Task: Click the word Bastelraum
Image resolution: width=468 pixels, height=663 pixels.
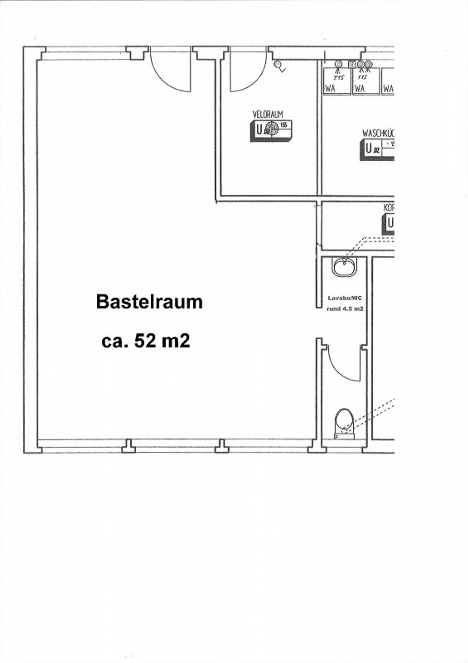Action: point(149,302)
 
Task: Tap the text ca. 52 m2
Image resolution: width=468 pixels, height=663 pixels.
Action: point(146,341)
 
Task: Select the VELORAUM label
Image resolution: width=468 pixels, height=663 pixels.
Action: point(268,114)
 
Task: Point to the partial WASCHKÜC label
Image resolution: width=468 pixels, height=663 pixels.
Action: point(378,133)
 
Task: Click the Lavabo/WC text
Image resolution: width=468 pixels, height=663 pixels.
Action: point(344,298)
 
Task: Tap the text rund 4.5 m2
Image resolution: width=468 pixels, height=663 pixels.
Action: point(345,309)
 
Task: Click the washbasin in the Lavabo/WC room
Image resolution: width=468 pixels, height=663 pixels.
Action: point(344,266)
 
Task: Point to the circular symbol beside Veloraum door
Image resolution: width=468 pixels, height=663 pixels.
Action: point(278,64)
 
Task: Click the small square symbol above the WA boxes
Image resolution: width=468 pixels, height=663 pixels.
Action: point(352,64)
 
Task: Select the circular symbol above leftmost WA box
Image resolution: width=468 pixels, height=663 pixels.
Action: point(339,64)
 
